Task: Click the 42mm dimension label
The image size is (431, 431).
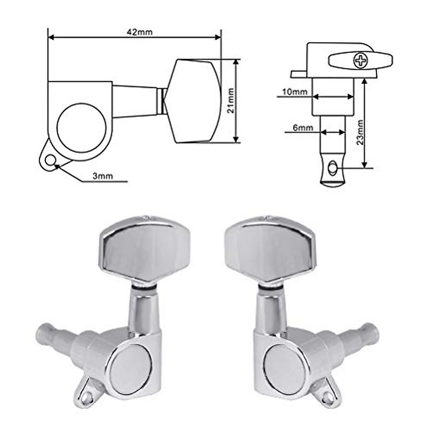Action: click(140, 32)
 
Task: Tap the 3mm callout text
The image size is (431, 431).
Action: click(103, 176)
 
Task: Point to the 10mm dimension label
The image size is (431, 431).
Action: click(295, 92)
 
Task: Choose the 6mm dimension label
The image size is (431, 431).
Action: click(303, 128)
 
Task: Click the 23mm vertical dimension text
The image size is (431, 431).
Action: click(360, 132)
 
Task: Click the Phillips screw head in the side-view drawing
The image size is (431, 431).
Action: click(361, 60)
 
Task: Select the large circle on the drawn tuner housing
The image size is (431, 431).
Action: click(82, 128)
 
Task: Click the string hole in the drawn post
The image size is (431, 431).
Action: click(333, 167)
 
